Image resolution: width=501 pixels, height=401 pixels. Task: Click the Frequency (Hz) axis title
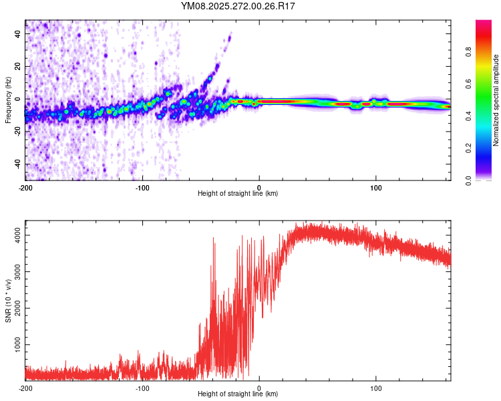point(8,100)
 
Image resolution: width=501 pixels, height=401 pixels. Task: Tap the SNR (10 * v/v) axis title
point(8,301)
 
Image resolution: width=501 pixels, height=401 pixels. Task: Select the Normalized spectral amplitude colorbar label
point(496,100)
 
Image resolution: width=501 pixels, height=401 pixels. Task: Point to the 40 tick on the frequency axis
point(17,34)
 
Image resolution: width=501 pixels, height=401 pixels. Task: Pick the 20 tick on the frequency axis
point(17,67)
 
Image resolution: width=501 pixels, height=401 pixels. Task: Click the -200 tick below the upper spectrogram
point(25,186)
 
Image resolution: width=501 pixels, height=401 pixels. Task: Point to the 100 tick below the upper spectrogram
point(376,186)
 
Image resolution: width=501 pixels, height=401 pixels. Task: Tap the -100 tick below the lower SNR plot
point(142,388)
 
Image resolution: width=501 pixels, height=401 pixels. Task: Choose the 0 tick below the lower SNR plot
point(259,388)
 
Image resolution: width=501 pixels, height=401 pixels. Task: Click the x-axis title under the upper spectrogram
point(238,194)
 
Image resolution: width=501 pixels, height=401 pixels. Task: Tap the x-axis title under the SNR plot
point(238,394)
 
